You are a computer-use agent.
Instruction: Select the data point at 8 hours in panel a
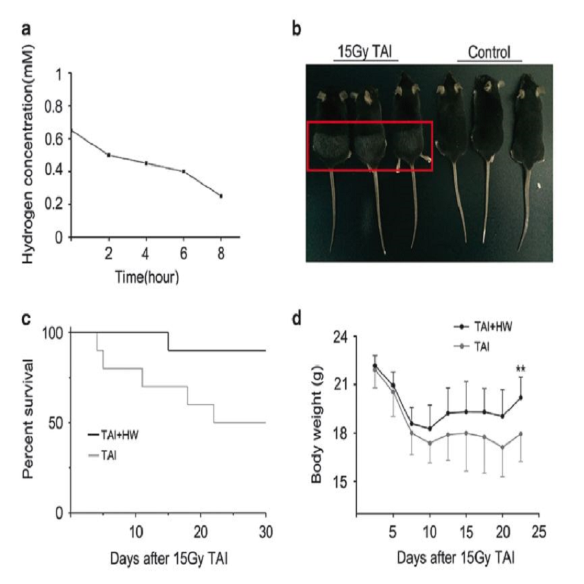click(x=221, y=196)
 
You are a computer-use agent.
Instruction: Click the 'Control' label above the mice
click(x=490, y=51)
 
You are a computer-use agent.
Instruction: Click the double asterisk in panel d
click(x=520, y=370)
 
